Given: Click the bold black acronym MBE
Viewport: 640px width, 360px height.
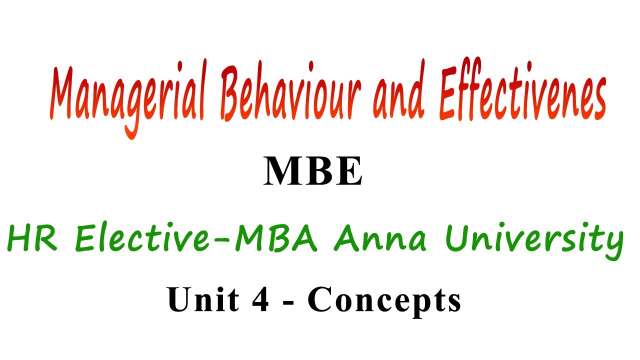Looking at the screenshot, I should (x=313, y=171).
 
